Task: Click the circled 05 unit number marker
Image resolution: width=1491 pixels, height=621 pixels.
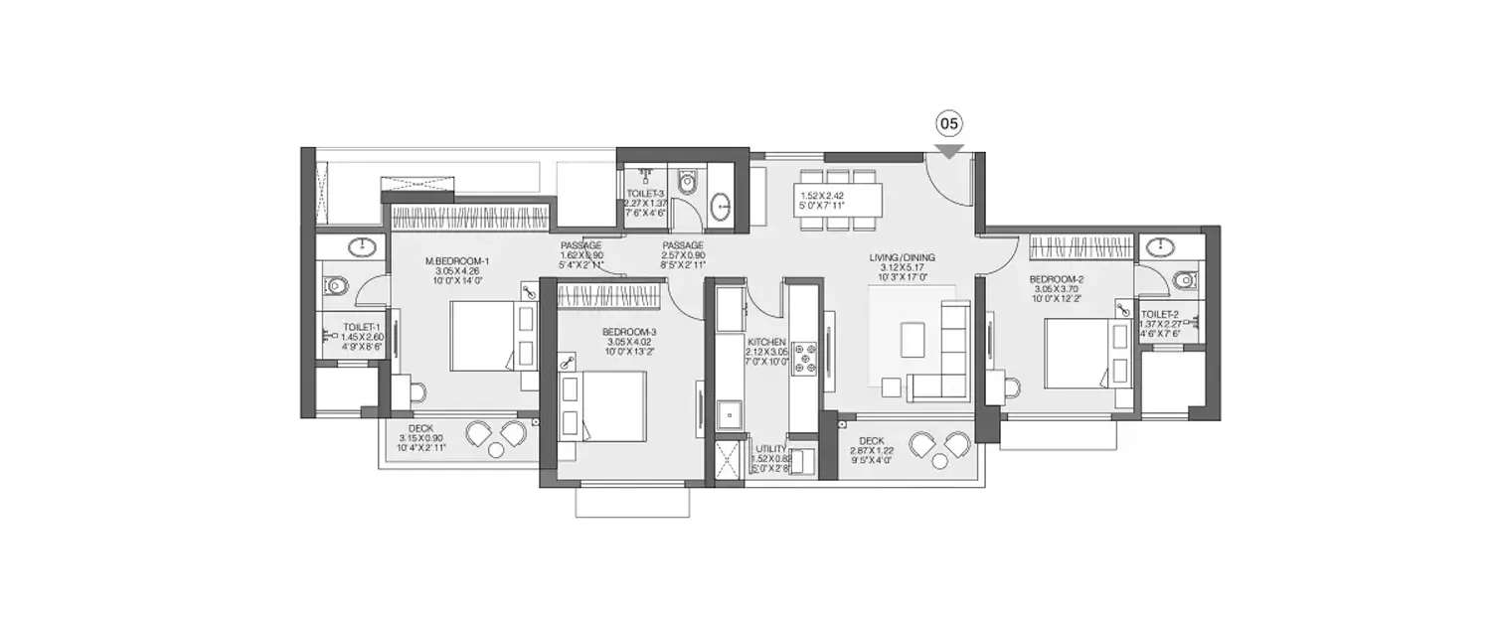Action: pyautogui.click(x=949, y=124)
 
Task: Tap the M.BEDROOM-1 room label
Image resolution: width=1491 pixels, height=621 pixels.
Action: pyautogui.click(x=458, y=261)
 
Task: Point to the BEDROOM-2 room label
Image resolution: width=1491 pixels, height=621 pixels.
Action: pyautogui.click(x=1057, y=280)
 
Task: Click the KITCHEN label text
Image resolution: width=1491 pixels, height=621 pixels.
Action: pyautogui.click(x=766, y=341)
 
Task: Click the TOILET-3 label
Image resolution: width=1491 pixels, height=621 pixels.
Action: pyautogui.click(x=644, y=195)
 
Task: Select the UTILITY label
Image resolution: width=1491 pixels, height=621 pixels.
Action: pyautogui.click(x=770, y=448)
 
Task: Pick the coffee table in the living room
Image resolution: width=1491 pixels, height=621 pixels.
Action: pyautogui.click(x=911, y=339)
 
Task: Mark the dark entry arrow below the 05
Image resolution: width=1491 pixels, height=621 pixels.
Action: pyautogui.click(x=949, y=151)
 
